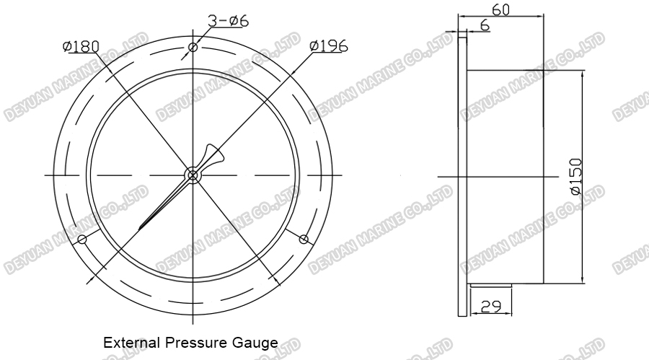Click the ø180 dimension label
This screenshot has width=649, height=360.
81,46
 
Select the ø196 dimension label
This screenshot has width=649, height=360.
329,45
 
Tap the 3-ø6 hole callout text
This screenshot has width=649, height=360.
228,21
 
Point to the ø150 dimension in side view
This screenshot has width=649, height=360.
575,177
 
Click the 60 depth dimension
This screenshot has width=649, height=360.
501,9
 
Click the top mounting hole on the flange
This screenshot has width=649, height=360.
193,48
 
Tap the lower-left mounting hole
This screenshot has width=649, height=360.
82,239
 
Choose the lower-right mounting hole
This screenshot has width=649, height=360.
303,239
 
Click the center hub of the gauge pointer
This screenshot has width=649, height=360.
193,175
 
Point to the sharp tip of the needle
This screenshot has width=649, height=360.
140,231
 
